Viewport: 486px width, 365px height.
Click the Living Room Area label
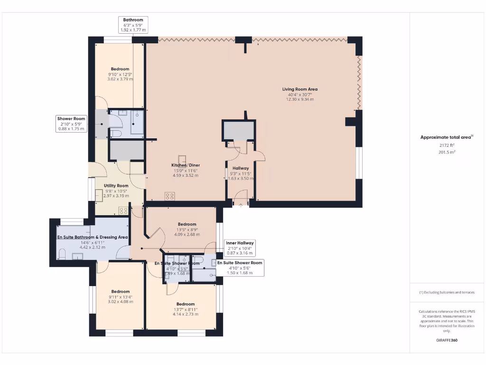pyautogui.click(x=299, y=89)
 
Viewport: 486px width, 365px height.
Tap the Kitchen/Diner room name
pyautogui.click(x=185, y=165)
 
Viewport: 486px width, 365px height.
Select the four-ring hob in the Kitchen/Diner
pyautogui.click(x=170, y=196)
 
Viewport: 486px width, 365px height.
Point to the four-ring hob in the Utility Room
pyautogui.click(x=123, y=210)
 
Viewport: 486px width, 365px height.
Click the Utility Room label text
pyautogui.click(x=116, y=185)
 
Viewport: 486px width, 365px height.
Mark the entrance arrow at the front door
pyautogui.click(x=241, y=205)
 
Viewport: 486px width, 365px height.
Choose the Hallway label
pyautogui.click(x=241, y=168)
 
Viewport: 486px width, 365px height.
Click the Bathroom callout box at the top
pyautogui.click(x=133, y=25)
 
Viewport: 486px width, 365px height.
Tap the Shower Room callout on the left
pyautogui.click(x=71, y=123)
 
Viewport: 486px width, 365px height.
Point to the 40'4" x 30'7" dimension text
pyautogui.click(x=299, y=95)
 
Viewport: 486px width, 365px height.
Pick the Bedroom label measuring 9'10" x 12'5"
pyautogui.click(x=120, y=69)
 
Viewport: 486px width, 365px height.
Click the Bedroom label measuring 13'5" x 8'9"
pyautogui.click(x=187, y=224)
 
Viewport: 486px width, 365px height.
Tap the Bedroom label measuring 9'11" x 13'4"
pyautogui.click(x=121, y=291)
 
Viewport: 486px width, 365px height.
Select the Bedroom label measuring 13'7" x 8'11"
pyautogui.click(x=186, y=304)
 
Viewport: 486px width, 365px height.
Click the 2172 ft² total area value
pyautogui.click(x=446, y=145)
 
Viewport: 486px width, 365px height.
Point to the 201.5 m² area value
pyautogui.click(x=446, y=152)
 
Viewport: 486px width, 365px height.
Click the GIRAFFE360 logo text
pyautogui.click(x=447, y=340)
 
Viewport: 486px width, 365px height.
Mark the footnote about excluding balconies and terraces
pyautogui.click(x=447, y=292)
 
